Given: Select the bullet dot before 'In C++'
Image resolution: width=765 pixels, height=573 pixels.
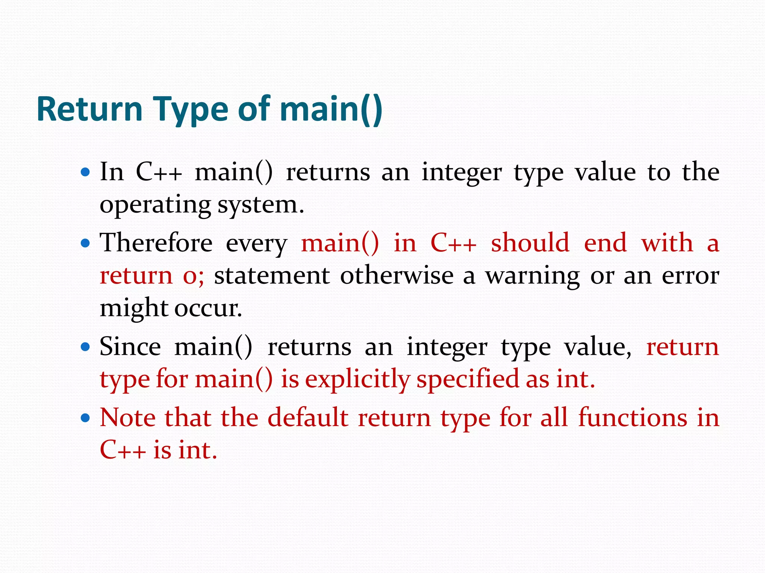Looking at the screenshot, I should point(86,172).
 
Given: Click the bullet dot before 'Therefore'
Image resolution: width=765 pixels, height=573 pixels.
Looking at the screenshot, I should point(86,243).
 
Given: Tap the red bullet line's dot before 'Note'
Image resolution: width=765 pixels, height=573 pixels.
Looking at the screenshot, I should point(86,417).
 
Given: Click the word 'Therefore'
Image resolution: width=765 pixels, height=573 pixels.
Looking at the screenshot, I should point(156,243).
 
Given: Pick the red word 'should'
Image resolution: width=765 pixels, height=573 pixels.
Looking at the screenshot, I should point(530,243).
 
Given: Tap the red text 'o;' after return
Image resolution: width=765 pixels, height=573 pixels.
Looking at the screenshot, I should point(193,276).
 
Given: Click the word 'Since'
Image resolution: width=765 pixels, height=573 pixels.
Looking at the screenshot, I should point(130,347).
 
